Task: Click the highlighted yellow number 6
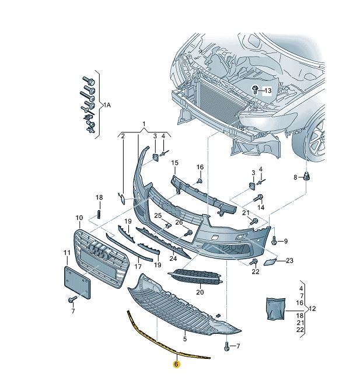click(x=177, y=364)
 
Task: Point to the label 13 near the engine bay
click(x=267, y=91)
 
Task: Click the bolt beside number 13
click(x=256, y=90)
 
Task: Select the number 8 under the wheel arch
click(x=296, y=177)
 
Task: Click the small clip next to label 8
click(x=307, y=177)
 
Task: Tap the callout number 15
click(x=174, y=163)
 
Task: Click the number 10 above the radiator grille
click(x=79, y=218)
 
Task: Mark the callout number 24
click(x=173, y=259)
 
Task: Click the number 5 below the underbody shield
click(x=184, y=338)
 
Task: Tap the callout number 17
click(x=138, y=267)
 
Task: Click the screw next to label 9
click(x=275, y=240)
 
